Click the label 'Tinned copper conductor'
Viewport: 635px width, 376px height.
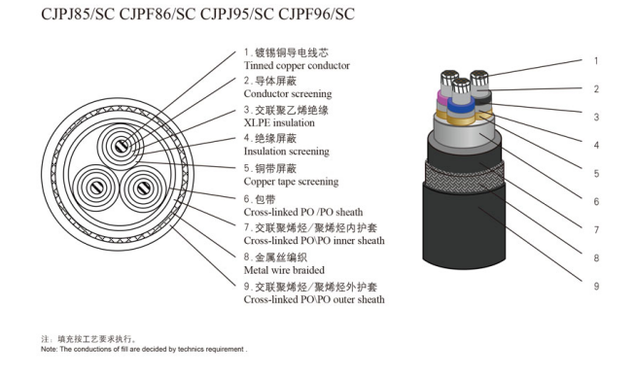point(297,65)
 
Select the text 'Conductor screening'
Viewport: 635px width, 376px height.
point(287,94)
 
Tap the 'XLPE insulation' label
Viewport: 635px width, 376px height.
point(278,123)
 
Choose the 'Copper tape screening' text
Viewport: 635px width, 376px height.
point(291,182)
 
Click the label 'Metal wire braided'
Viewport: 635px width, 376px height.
point(284,269)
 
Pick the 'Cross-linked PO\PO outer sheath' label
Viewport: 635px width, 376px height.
point(313,299)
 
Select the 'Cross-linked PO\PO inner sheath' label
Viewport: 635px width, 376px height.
point(312,240)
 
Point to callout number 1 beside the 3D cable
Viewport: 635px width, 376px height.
point(596,60)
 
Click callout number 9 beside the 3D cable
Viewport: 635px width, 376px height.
point(596,286)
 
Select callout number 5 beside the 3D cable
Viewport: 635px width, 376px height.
point(596,173)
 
